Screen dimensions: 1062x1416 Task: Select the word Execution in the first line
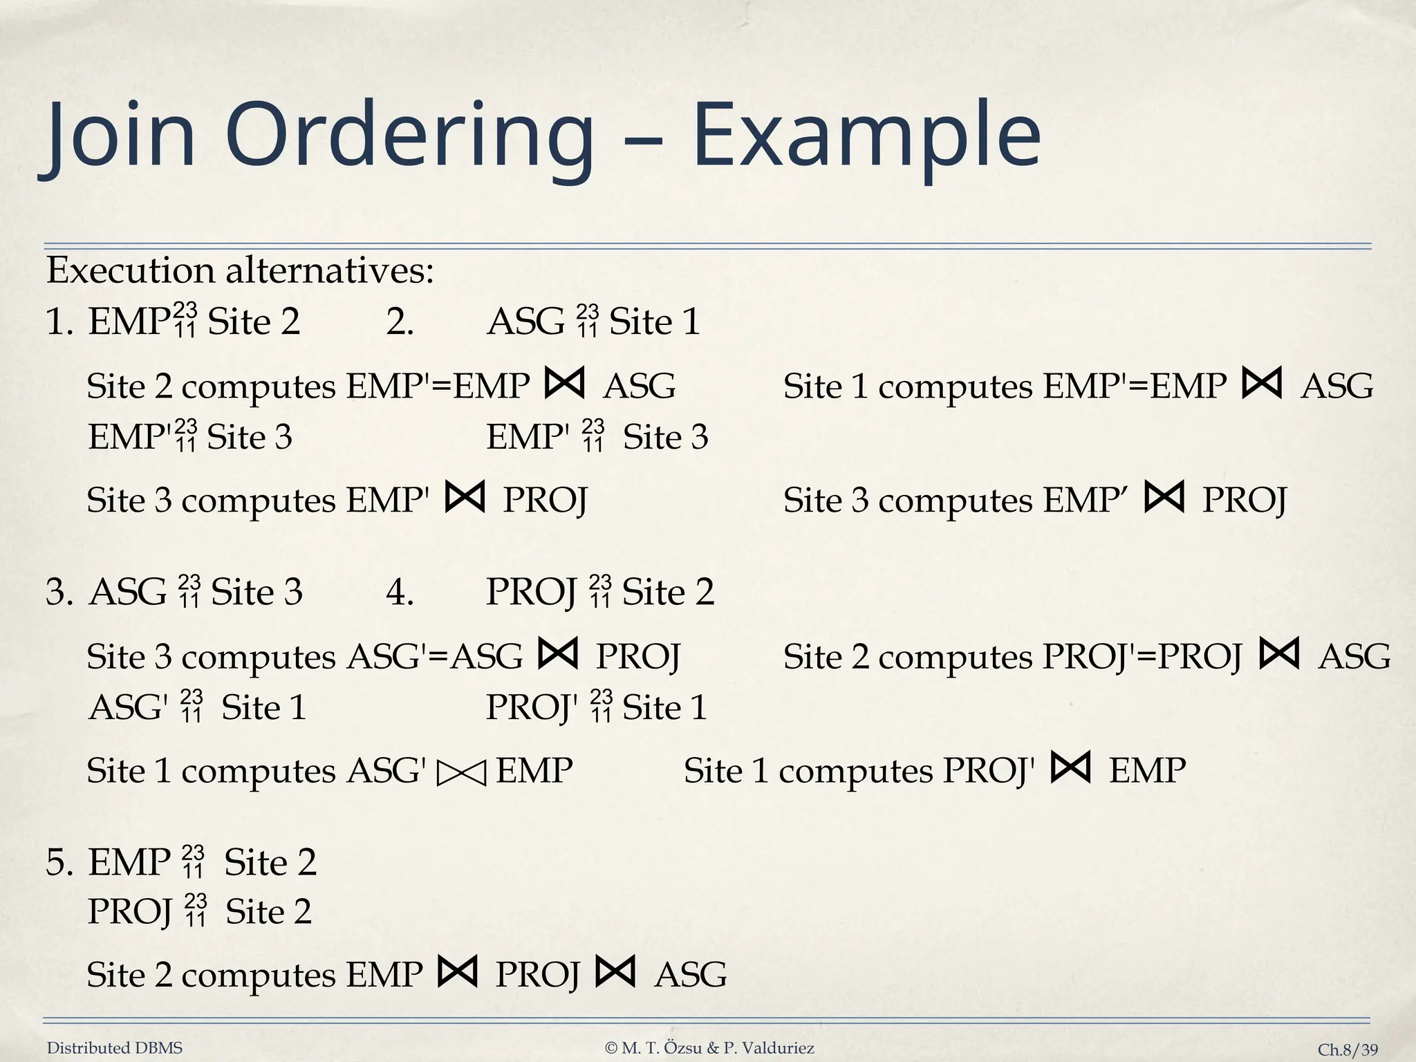[130, 270]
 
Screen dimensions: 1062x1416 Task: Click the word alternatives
[330, 270]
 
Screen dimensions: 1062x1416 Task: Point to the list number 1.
[58, 322]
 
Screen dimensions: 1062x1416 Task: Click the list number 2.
[400, 322]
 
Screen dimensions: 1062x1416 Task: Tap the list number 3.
[58, 593]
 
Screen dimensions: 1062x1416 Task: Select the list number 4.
[400, 593]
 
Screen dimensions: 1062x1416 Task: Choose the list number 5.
[58, 863]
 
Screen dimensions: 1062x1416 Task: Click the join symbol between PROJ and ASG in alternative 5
[615, 971]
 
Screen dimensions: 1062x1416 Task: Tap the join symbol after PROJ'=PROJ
[1279, 653]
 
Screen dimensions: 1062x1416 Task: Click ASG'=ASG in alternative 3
[435, 657]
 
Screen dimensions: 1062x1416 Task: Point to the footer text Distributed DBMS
[115, 1048]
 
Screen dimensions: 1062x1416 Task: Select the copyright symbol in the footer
[611, 1048]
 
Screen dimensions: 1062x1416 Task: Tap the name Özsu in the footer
[684, 1048]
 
